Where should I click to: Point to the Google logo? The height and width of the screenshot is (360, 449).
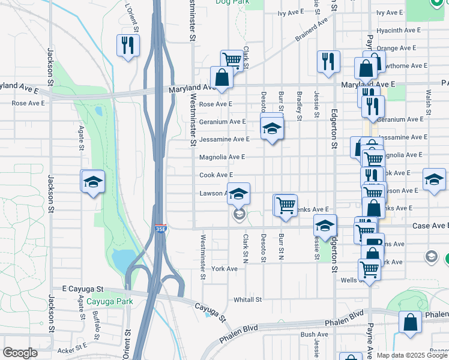(x=20, y=353)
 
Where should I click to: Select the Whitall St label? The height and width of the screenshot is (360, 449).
(x=248, y=299)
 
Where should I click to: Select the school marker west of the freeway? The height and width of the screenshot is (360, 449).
(x=93, y=181)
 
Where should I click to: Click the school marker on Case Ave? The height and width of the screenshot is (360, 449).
(x=325, y=226)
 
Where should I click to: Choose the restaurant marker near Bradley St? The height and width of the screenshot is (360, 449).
(x=328, y=61)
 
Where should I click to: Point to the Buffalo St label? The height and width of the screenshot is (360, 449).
(x=97, y=319)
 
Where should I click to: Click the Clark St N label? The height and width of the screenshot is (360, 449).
(x=246, y=248)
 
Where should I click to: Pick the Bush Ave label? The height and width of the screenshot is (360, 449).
(x=315, y=334)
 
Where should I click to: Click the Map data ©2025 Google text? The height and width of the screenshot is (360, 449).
(x=412, y=355)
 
